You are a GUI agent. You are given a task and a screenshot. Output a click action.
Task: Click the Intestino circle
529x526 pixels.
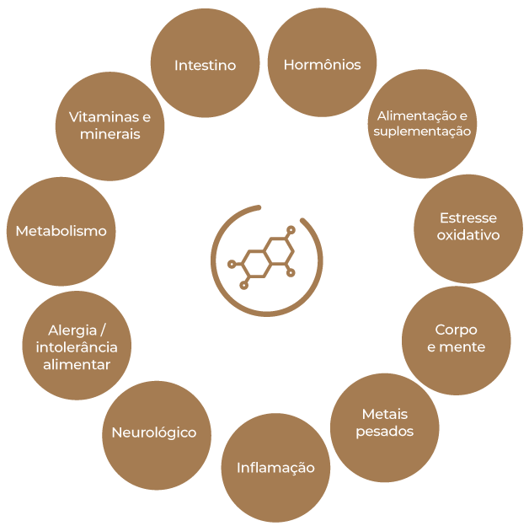point(205,64)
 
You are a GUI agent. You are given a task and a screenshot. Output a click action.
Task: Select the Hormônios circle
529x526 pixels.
point(322,64)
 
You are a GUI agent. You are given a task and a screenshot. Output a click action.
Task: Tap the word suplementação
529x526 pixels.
point(422,131)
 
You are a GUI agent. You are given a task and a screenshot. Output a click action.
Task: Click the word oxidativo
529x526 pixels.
point(468,235)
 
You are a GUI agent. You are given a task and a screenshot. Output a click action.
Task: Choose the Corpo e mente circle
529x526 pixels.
point(456,338)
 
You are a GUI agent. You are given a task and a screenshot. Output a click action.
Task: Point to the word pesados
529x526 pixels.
point(384,431)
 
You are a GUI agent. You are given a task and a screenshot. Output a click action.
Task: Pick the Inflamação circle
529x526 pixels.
point(275,467)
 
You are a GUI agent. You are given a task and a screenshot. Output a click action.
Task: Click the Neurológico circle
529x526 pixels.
point(154,432)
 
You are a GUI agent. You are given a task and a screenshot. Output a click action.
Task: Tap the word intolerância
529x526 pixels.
point(77,346)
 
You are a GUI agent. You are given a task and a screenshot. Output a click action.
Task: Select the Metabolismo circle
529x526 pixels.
point(61,230)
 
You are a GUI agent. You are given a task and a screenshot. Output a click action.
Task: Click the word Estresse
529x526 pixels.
point(468,217)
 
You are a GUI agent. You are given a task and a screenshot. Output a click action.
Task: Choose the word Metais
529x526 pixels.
point(384,414)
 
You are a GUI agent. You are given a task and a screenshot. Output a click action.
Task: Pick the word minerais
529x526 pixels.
point(110,134)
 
